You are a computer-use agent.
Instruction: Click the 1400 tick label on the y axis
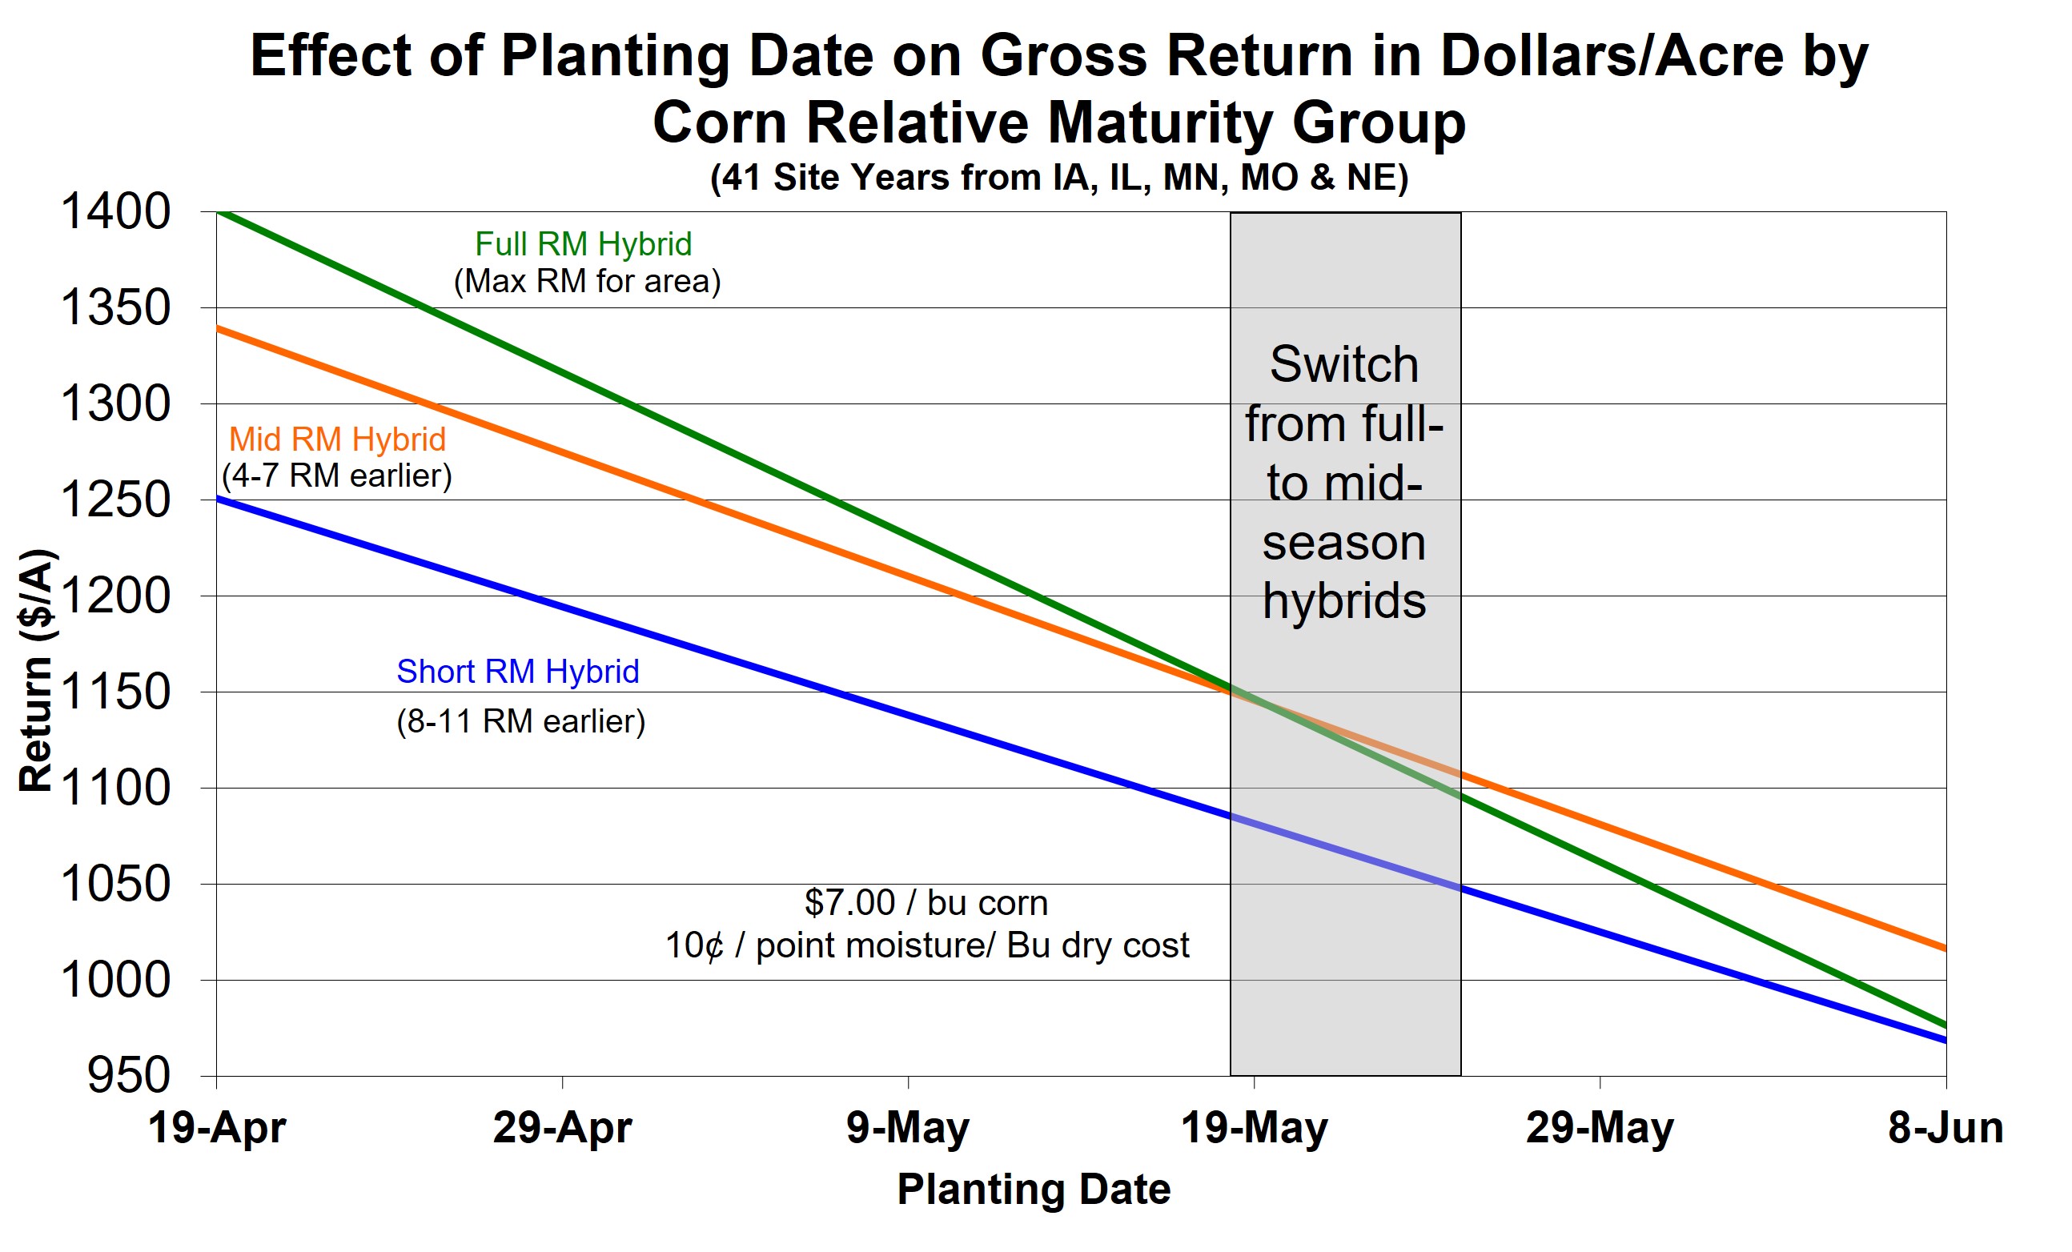point(115,212)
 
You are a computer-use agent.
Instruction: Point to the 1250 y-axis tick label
point(115,500)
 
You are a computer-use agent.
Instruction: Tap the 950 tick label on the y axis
point(129,1076)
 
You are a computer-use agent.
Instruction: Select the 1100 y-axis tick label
point(115,789)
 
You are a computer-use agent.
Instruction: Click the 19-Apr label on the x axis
point(217,1128)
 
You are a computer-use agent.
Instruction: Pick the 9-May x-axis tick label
point(908,1128)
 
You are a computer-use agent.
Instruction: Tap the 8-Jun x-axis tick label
point(1946,1128)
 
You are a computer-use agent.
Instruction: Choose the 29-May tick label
point(1600,1128)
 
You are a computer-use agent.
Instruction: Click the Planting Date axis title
point(1034,1190)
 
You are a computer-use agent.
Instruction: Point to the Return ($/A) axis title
point(37,670)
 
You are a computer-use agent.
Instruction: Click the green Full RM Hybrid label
point(583,245)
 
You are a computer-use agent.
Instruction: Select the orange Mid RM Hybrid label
point(337,439)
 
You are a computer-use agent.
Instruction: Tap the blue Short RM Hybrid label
point(517,672)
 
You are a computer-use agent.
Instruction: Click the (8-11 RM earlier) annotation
point(520,721)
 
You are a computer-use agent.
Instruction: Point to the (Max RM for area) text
point(587,282)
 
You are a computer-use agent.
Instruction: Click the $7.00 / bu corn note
point(926,903)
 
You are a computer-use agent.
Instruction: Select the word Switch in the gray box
point(1343,365)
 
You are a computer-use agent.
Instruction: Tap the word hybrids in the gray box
point(1343,602)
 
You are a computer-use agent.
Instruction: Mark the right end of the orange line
point(1944,949)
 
